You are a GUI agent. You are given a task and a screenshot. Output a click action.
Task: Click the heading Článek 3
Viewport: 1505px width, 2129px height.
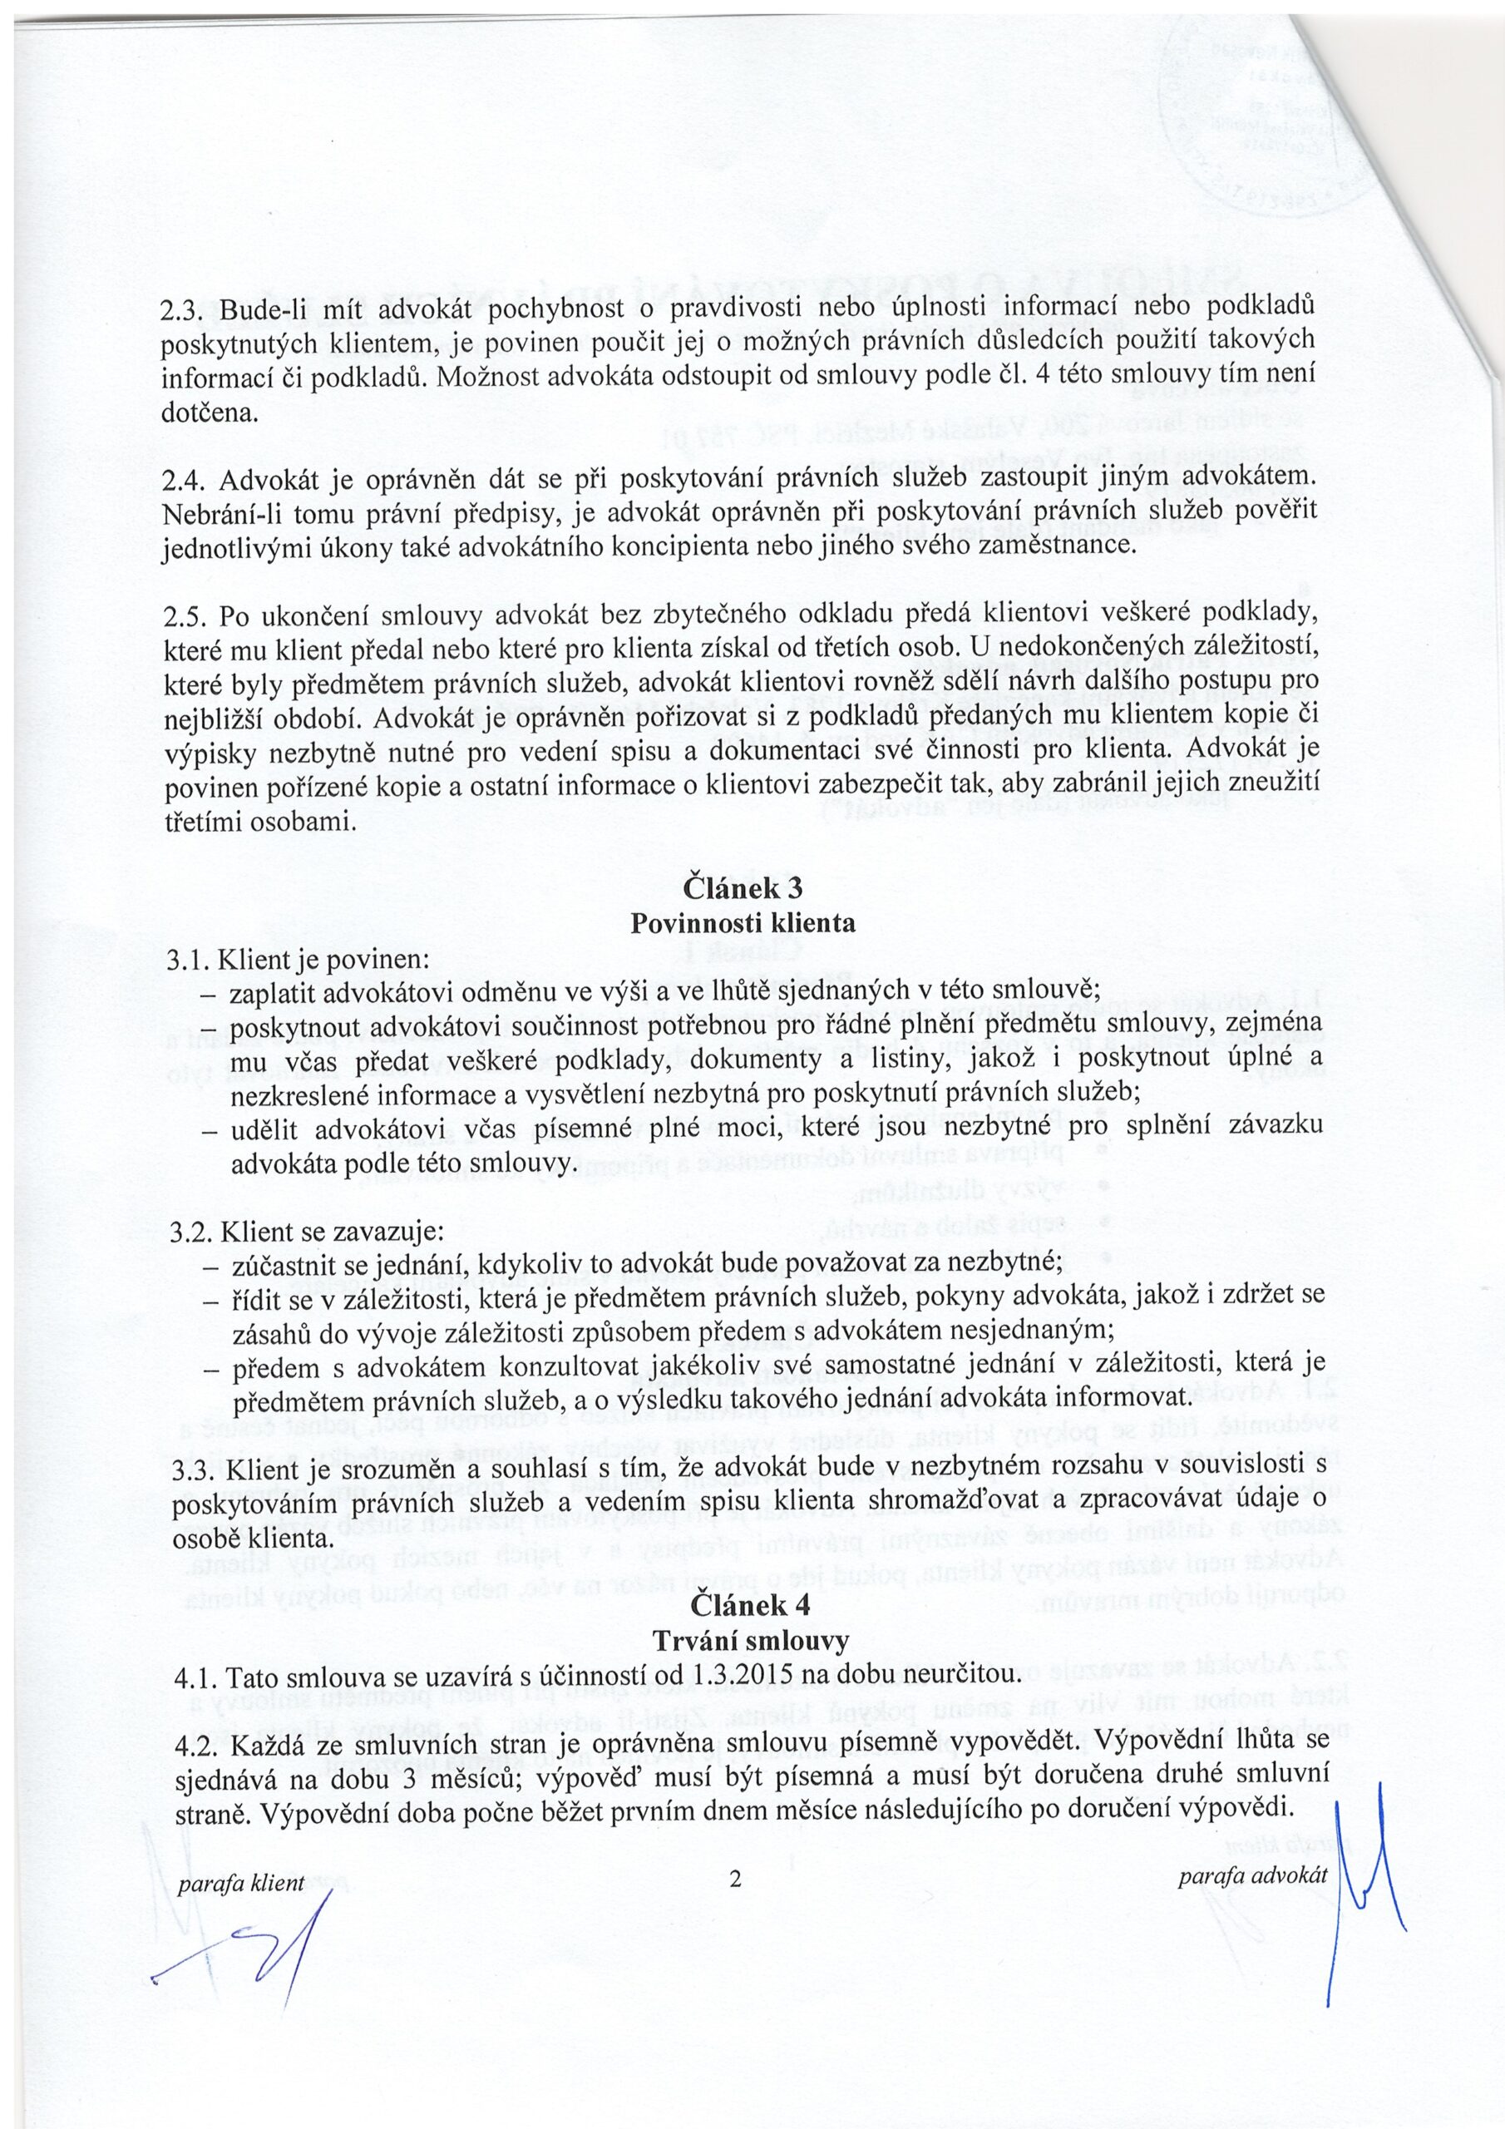[x=743, y=887]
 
